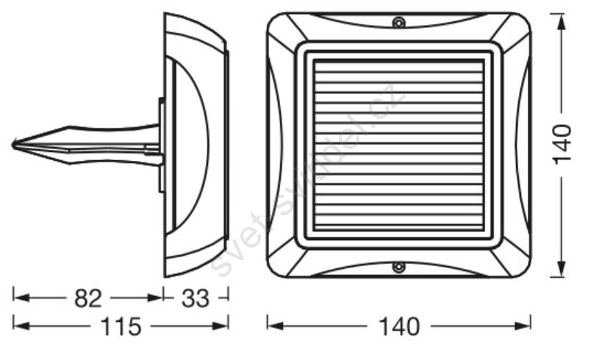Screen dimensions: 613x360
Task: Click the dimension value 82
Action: pos(88,299)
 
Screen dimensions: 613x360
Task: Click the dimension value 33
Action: pos(196,299)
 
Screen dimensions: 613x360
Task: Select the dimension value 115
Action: pos(121,326)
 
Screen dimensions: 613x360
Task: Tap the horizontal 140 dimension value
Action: pos(399,326)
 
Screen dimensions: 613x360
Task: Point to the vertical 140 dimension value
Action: pos(563,144)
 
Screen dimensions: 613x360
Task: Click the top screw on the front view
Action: pos(398,22)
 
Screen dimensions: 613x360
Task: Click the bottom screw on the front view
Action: pos(398,267)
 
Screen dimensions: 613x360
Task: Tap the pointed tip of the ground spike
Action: pos(12,145)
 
